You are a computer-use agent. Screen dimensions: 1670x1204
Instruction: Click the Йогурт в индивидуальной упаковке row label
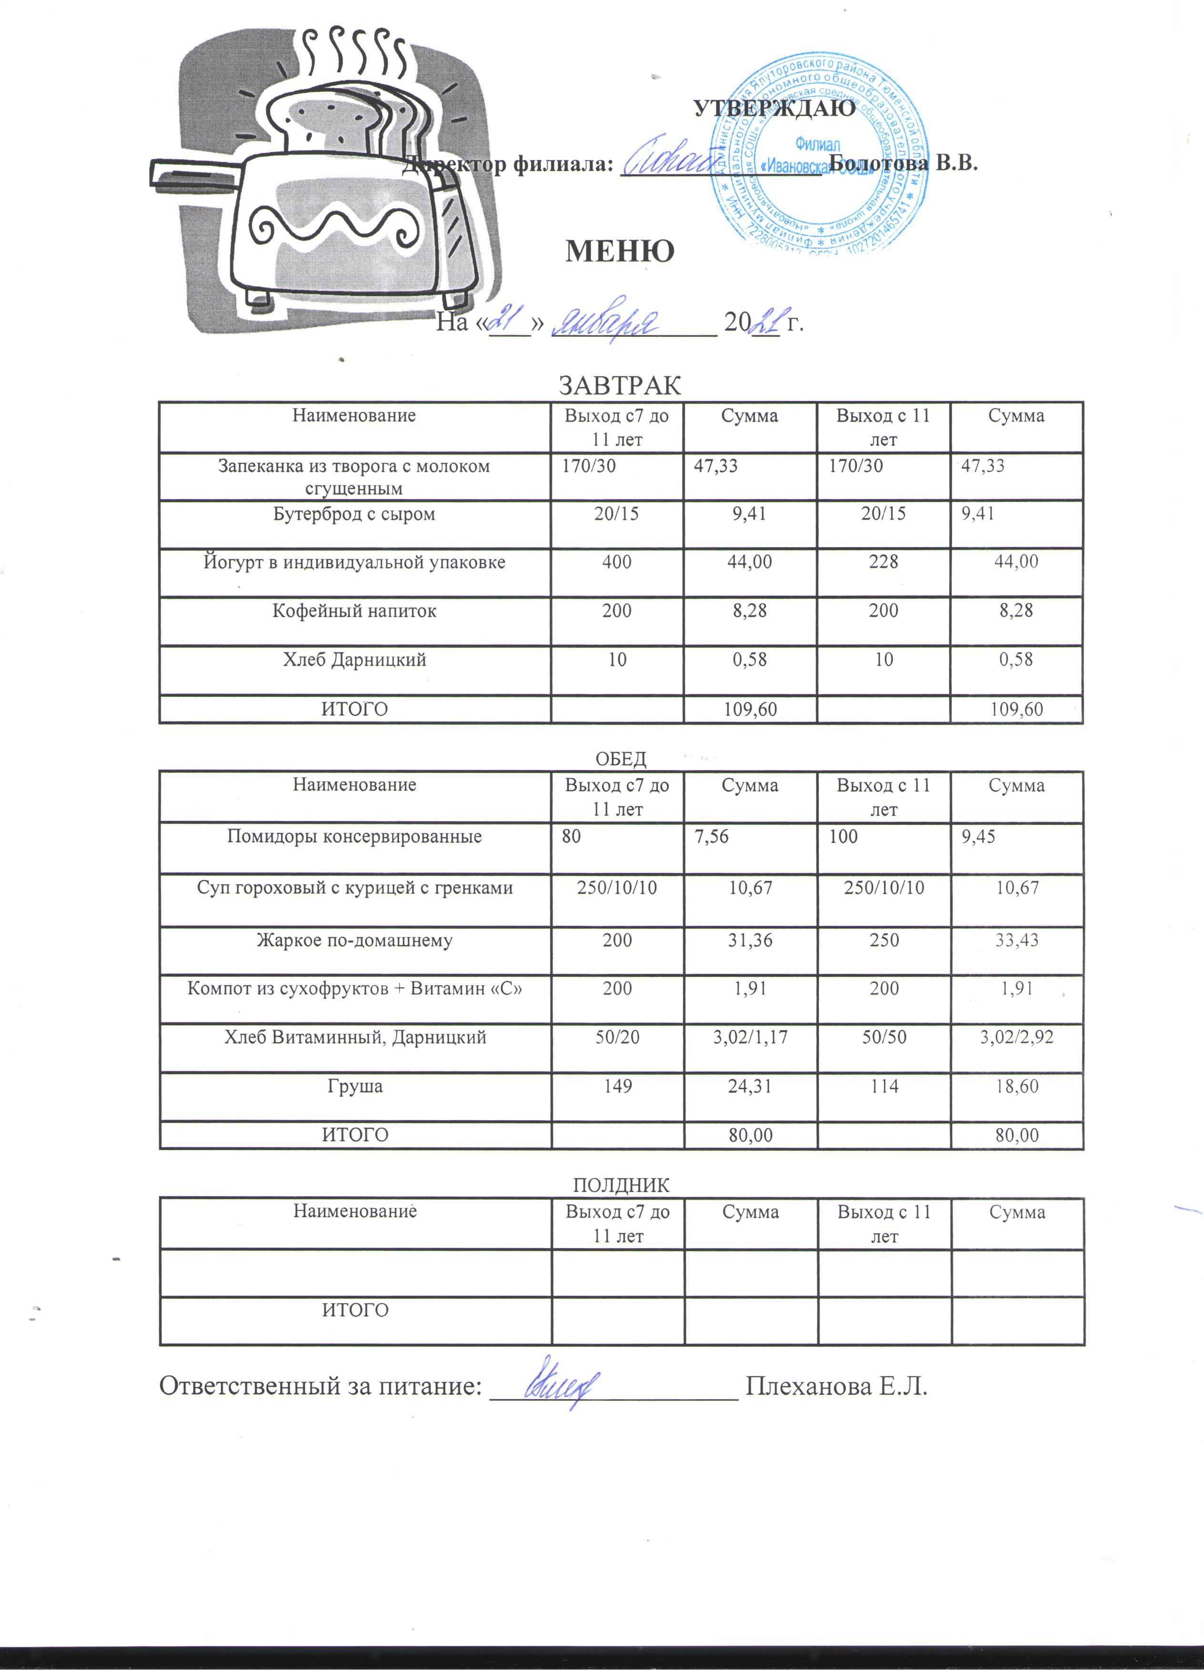coord(354,562)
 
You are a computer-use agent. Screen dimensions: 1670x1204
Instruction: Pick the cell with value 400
coord(617,562)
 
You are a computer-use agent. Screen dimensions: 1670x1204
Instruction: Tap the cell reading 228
coord(883,562)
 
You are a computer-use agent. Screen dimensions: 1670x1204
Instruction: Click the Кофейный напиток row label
coord(354,611)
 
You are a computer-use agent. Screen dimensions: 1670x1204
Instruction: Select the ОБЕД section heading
coord(620,759)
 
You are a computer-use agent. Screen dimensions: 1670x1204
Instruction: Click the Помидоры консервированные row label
coord(354,837)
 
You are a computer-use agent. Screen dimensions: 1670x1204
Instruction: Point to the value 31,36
coord(751,940)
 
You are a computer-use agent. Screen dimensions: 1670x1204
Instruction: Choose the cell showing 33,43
coord(1017,940)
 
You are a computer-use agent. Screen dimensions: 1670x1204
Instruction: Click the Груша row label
coord(354,1087)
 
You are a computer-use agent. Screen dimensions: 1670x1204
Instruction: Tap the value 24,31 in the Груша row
coord(751,1087)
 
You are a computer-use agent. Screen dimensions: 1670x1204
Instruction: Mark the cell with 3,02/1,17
coord(751,1038)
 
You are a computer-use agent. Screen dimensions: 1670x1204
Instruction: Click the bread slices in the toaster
coord(339,118)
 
